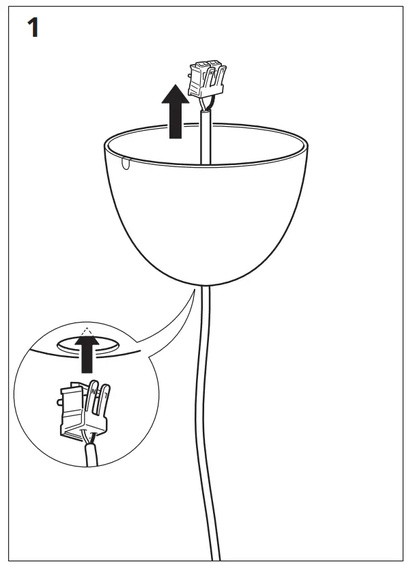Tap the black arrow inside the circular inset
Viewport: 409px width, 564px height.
87,357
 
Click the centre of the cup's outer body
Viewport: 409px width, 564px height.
205,218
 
